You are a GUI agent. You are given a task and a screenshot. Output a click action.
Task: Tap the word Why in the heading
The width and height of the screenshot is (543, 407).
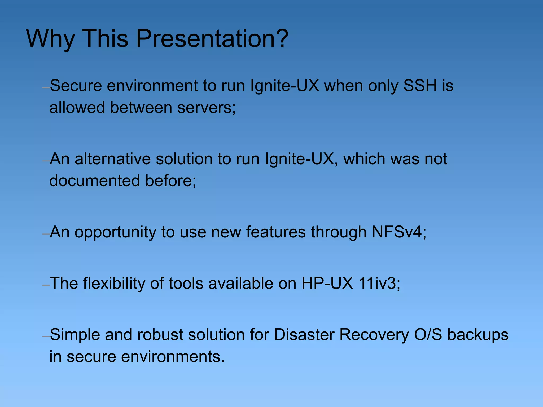(50, 39)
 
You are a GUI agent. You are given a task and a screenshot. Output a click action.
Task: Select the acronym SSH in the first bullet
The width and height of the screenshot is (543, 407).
(420, 86)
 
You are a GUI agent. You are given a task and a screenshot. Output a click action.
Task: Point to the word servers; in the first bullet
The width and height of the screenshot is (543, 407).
(207, 108)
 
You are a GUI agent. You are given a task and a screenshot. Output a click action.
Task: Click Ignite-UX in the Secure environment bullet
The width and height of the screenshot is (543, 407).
(285, 86)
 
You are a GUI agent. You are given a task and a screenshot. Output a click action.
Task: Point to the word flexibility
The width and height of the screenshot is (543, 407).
(114, 283)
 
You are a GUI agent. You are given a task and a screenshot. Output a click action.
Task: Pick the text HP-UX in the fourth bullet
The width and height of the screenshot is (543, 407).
(327, 283)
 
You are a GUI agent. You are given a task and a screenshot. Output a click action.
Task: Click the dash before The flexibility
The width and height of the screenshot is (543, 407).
(46, 286)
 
